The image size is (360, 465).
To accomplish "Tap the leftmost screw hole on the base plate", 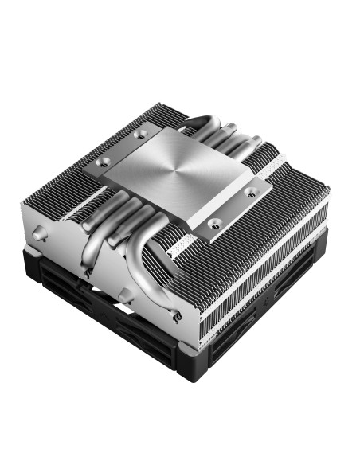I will point(103,162).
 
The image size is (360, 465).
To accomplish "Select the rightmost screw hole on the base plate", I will point(250,191).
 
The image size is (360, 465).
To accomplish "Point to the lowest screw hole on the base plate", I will point(214,224).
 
